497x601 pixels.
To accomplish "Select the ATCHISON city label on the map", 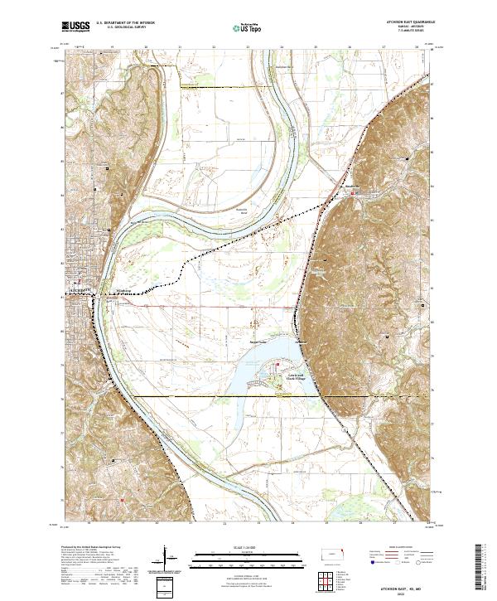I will pyautogui.click(x=78, y=290).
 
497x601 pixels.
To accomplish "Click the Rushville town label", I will pyautogui.click(x=355, y=187).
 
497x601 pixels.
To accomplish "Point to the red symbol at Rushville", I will pyautogui.click(x=357, y=193).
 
